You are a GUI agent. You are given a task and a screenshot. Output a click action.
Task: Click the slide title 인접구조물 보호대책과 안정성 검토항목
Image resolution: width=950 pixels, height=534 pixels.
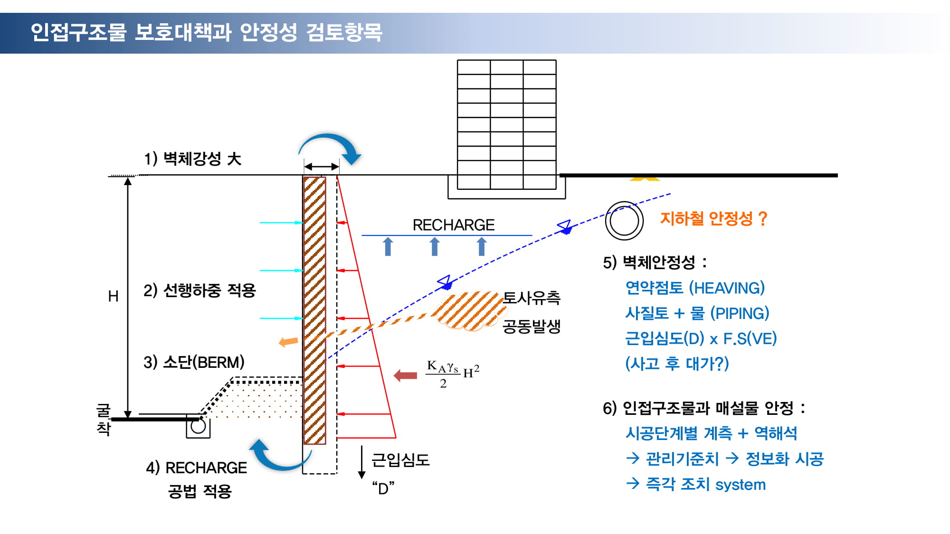point(206,32)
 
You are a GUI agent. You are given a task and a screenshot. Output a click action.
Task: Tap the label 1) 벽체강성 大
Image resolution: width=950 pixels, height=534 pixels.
point(193,159)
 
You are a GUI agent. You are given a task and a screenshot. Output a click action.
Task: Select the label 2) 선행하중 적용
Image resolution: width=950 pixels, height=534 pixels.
point(199,290)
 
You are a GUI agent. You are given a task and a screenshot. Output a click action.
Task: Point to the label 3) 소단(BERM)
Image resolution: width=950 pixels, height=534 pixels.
point(194,362)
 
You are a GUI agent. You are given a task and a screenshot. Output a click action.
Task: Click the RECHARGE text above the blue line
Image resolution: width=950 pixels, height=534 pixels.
point(454,225)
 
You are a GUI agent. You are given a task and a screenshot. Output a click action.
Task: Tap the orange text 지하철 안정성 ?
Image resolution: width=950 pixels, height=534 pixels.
point(713,218)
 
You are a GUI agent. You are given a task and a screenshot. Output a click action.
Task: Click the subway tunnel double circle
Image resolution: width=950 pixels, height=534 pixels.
point(624,221)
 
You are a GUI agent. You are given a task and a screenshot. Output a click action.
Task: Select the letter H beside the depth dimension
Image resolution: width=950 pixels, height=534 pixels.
point(113,296)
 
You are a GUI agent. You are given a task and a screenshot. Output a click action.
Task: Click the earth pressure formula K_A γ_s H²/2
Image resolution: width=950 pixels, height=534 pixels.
point(453,374)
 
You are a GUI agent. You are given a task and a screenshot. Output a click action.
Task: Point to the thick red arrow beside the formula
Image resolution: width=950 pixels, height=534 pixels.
point(405,375)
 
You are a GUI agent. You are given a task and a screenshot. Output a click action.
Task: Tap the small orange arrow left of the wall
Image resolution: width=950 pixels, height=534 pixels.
point(288,341)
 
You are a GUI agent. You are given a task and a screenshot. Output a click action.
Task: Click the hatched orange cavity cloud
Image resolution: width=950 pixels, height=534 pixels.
point(470,311)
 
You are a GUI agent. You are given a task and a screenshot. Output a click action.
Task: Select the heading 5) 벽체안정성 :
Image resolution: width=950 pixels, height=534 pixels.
point(655,262)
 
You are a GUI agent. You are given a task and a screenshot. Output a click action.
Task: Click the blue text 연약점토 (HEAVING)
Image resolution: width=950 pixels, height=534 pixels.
point(695,288)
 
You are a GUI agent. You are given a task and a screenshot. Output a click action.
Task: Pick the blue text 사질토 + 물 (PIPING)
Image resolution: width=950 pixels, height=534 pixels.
point(697,313)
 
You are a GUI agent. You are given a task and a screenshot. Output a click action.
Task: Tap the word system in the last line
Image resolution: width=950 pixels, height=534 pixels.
point(741,485)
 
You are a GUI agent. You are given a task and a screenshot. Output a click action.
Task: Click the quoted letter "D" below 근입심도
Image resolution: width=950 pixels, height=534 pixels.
point(383,487)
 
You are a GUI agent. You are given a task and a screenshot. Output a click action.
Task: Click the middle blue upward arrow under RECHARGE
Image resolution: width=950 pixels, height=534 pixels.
point(435,246)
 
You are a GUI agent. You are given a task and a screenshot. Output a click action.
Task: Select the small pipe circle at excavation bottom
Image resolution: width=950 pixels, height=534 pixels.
point(198,426)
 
